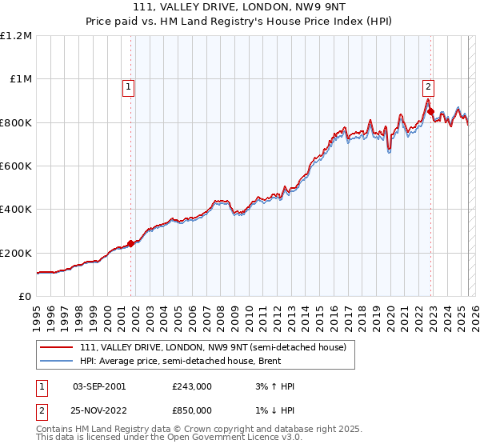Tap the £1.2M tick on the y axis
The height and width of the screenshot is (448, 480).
coord(17,36)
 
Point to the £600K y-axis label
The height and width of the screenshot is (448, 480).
coord(16,166)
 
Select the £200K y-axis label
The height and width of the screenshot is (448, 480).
coord(16,253)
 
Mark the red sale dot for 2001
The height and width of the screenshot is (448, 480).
coord(130,243)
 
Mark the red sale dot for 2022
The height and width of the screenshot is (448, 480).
coord(430,112)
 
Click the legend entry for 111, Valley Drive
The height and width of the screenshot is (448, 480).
coord(212,348)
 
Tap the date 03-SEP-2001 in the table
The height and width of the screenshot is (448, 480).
coord(99,386)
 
